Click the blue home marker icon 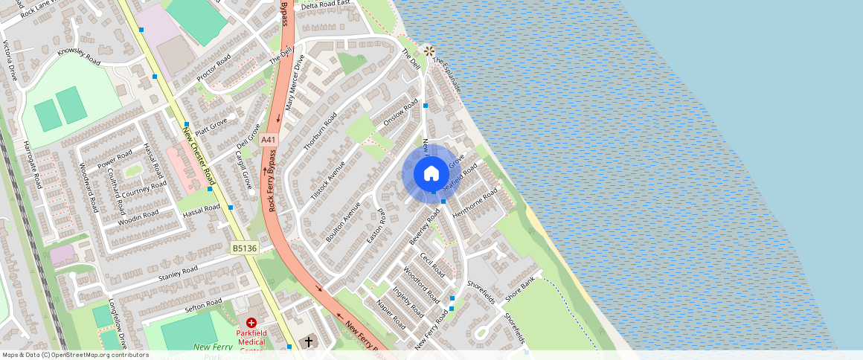431,174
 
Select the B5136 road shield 244,248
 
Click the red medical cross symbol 251,323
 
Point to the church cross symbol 309,342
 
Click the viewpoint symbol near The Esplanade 429,51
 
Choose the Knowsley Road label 78,57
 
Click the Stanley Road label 178,273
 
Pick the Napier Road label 391,315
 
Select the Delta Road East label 325,4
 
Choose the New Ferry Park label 213,347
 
